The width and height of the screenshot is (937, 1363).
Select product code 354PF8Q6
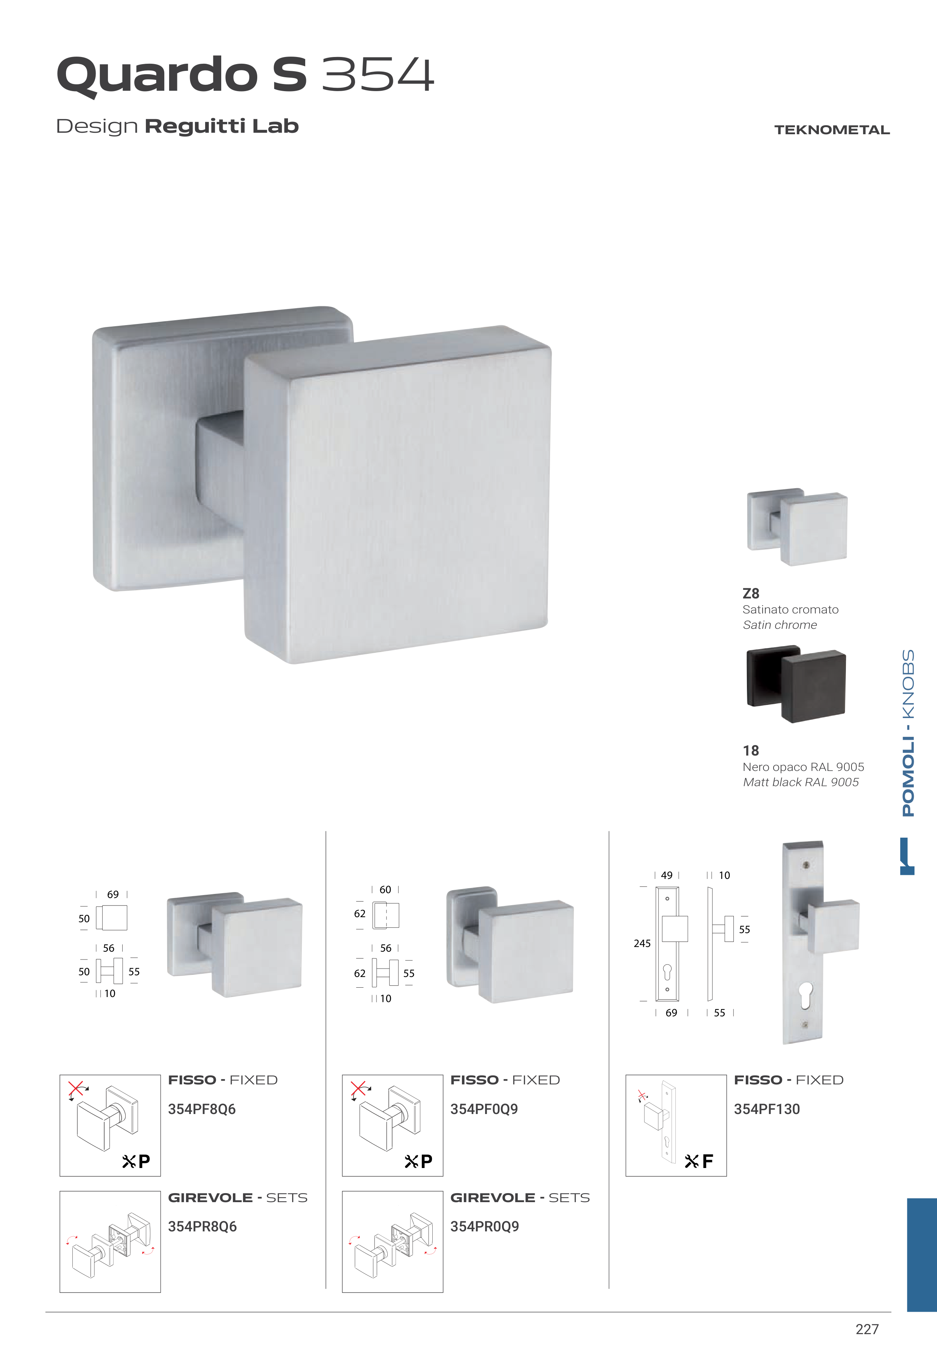click(x=202, y=1109)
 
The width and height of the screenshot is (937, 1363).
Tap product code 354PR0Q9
click(x=484, y=1226)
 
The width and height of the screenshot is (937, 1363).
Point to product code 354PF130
click(x=767, y=1109)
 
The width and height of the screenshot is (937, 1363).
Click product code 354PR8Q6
click(x=202, y=1226)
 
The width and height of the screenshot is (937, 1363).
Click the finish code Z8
click(x=751, y=594)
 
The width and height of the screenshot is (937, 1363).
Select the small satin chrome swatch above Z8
click(x=797, y=526)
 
